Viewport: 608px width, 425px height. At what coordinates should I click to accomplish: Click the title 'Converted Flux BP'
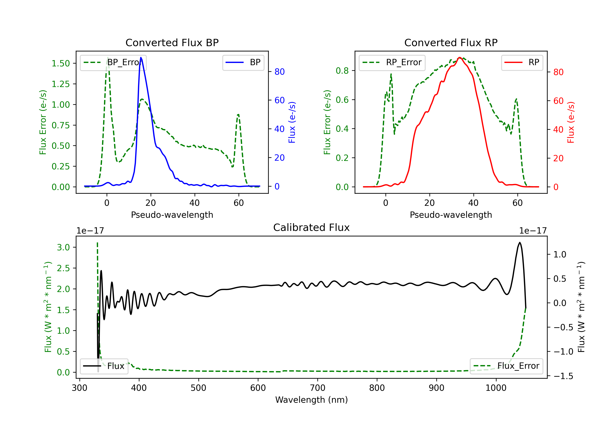pos(172,42)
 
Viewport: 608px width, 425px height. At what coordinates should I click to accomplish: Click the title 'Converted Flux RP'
pos(451,42)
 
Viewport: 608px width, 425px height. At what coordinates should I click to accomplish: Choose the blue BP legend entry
pos(243,62)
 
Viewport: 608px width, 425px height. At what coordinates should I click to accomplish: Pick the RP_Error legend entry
pos(392,62)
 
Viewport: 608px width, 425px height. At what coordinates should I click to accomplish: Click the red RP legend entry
pos(522,62)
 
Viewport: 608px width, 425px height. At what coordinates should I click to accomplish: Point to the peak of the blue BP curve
pos(141,58)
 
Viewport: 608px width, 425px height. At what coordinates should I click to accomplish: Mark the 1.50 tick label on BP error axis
pos(61,64)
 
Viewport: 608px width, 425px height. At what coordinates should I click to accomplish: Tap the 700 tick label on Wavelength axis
pos(318,388)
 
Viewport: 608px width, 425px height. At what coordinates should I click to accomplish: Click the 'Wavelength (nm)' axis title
pos(311,400)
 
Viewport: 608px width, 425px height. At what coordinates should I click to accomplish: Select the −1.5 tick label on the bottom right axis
pos(563,376)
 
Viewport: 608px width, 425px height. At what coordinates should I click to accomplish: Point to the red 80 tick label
pos(559,72)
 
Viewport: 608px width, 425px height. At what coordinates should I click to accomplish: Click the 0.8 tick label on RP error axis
pos(342,71)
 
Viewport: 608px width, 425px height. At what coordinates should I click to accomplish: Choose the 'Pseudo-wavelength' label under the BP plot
pos(172,215)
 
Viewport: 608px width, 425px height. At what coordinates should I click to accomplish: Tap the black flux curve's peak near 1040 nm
pos(520,242)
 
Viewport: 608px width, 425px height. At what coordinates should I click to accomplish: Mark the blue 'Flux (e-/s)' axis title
pos(292,122)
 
